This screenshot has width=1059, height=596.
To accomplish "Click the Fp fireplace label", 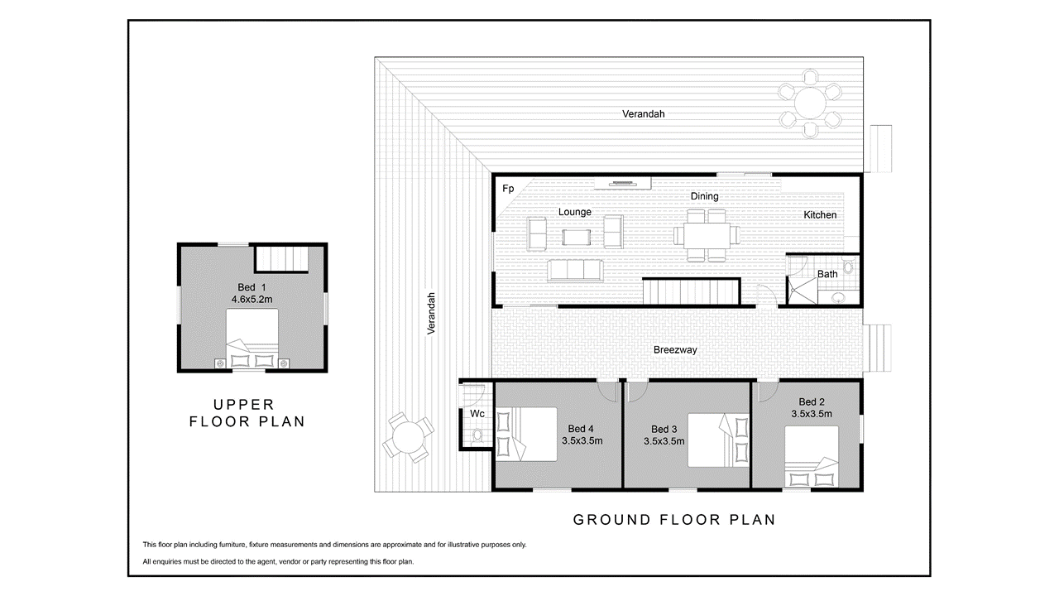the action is click(x=508, y=189).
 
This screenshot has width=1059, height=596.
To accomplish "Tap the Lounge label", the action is click(x=574, y=212).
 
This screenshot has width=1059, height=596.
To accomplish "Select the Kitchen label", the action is click(x=820, y=214).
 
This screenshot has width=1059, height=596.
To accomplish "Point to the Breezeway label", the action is click(x=675, y=350).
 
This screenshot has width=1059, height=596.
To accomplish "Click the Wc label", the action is click(x=477, y=414).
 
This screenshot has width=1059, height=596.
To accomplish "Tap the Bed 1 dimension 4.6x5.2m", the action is click(x=252, y=300).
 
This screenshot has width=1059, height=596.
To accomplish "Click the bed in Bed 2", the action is click(x=812, y=456).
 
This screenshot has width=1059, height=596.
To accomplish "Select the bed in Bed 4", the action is click(x=525, y=435).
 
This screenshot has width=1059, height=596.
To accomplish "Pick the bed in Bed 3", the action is click(x=718, y=440).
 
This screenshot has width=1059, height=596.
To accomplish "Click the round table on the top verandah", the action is click(x=810, y=103).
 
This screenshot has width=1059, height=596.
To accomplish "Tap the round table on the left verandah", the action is click(x=408, y=437).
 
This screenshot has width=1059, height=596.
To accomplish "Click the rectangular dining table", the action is click(x=707, y=235).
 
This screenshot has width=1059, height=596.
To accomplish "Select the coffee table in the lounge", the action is click(x=577, y=237).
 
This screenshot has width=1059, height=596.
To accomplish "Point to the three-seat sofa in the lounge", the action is click(x=575, y=270).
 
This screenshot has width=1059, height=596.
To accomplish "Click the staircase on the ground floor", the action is click(x=691, y=292).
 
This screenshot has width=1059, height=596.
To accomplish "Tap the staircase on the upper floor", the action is click(x=282, y=258).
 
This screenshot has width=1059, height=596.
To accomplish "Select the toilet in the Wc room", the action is click(x=477, y=435).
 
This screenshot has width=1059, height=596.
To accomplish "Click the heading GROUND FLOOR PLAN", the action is click(x=674, y=520).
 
